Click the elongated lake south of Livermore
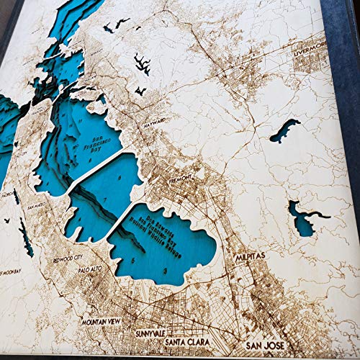285,130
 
